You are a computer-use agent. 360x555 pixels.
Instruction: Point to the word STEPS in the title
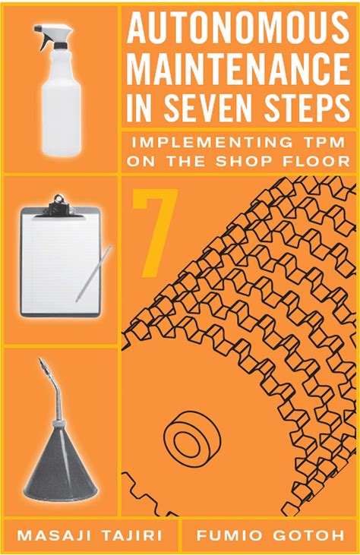point(307,106)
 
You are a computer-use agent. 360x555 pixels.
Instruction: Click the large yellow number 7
point(154,232)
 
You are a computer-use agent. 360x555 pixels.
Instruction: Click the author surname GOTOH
point(308,535)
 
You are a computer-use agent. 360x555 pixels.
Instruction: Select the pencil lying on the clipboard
point(93,273)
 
